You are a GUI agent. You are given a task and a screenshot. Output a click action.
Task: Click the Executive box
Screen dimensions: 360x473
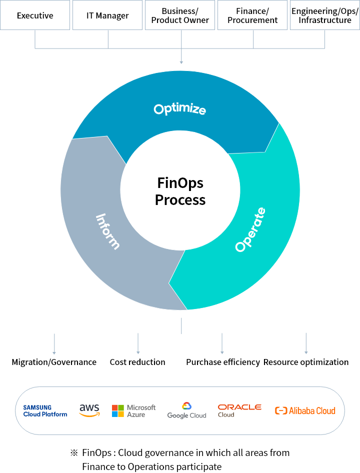35,15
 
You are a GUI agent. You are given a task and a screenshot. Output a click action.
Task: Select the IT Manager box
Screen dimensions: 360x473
107,15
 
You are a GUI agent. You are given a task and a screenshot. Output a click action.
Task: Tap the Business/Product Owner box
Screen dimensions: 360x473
180,15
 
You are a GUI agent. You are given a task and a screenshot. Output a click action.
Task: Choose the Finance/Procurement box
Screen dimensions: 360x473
252,15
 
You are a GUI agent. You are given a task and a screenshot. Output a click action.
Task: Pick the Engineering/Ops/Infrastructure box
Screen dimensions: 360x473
324,15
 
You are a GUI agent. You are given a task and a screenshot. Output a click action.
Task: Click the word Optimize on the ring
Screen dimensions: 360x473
180,109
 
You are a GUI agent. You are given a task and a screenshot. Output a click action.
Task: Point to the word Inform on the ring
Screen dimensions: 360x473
107,231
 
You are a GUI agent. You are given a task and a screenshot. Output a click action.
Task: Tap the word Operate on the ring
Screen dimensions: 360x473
250,229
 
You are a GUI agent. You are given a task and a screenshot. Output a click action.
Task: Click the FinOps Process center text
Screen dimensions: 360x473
180,191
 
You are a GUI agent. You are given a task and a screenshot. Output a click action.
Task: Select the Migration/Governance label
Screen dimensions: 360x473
54,362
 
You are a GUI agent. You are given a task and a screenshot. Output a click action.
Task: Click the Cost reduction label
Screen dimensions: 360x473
137,362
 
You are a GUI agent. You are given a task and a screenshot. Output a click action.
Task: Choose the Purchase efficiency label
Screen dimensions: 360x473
222,362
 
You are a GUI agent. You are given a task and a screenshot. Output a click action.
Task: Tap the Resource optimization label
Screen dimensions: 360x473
306,362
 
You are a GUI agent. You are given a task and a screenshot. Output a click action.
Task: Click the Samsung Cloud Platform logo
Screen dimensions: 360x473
45,411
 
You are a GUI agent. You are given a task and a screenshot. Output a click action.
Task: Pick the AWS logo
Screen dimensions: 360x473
89,410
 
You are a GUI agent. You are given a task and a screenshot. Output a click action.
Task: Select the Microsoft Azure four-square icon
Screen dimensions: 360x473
117,411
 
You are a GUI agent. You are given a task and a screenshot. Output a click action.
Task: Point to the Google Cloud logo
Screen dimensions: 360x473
187,410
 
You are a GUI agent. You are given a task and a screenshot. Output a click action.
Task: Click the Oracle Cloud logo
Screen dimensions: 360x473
239,411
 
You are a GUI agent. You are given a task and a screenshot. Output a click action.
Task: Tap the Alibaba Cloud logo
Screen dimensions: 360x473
305,410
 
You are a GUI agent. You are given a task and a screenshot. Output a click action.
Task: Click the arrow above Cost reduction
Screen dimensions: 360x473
138,343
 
